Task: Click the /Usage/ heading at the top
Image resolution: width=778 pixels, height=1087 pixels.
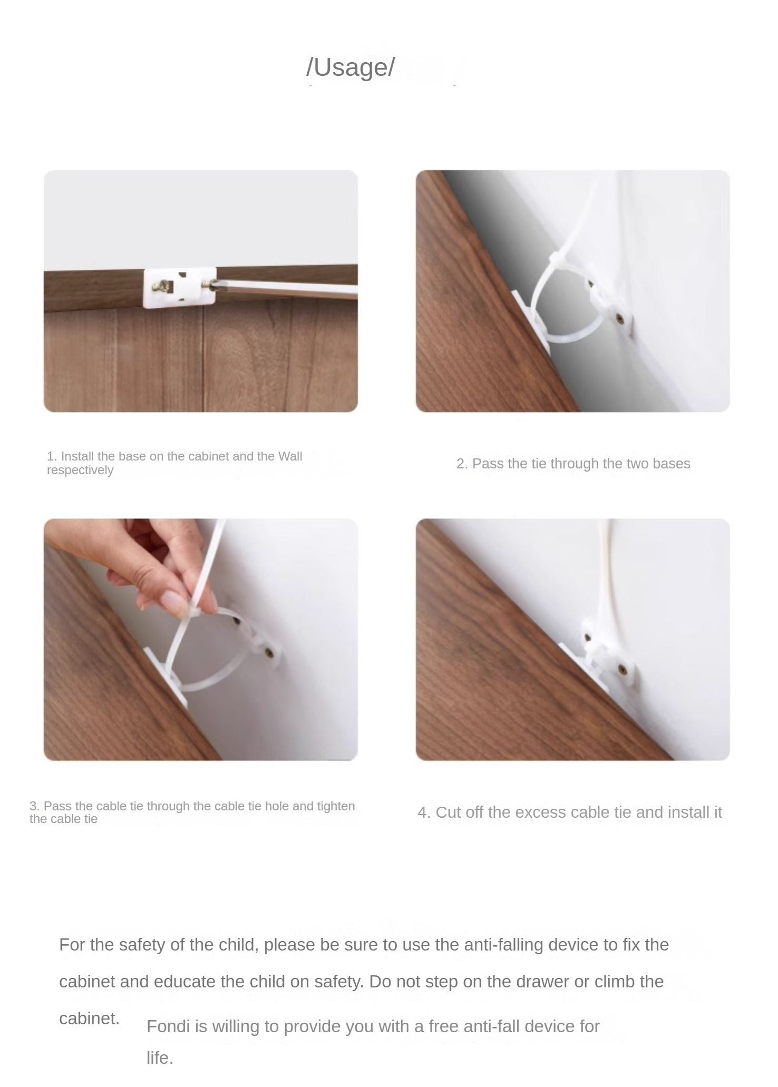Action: (350, 67)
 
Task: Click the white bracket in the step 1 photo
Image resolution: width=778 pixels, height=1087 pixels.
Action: (180, 287)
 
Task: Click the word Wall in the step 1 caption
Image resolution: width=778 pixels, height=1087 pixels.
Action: (290, 456)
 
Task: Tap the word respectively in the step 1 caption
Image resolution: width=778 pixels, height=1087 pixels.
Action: (80, 471)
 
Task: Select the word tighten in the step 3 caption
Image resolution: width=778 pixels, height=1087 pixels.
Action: (336, 806)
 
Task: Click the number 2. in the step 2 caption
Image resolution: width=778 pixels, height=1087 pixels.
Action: (462, 464)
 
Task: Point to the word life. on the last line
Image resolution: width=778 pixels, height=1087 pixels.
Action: (160, 1058)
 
